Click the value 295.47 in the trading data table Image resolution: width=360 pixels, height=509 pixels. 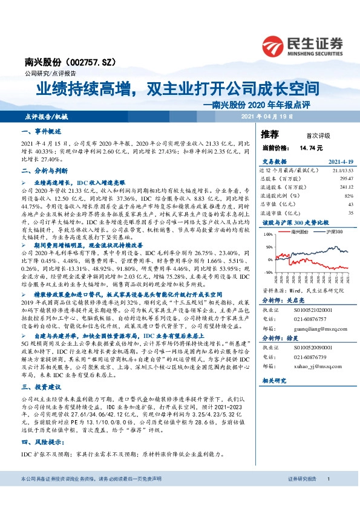[x=345, y=179]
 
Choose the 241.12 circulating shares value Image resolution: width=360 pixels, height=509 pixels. [x=345, y=187]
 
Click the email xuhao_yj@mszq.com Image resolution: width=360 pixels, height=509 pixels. [x=315, y=366]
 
